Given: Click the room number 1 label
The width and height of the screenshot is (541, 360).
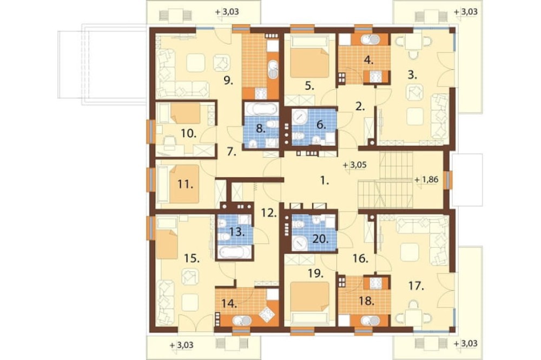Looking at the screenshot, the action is pos(324,181).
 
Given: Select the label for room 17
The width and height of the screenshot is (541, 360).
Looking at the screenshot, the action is pos(417,286).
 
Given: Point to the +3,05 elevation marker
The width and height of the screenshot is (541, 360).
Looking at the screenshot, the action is pos(355,165).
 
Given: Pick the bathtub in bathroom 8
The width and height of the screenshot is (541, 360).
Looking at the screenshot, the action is pos(262,108).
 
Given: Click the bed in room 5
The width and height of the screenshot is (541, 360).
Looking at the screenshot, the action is pos(308,56).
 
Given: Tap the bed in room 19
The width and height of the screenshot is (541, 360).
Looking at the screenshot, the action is pos(309,303).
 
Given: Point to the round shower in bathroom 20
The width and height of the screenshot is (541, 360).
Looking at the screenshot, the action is pos(300,243).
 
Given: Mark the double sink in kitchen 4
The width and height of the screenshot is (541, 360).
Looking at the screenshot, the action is pos(370,40).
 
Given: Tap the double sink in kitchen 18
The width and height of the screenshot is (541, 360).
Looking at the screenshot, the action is pos(370,321).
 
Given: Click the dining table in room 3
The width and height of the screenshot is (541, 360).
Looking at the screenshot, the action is pos(413,42).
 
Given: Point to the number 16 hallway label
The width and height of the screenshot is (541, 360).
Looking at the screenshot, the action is pos(361,258).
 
